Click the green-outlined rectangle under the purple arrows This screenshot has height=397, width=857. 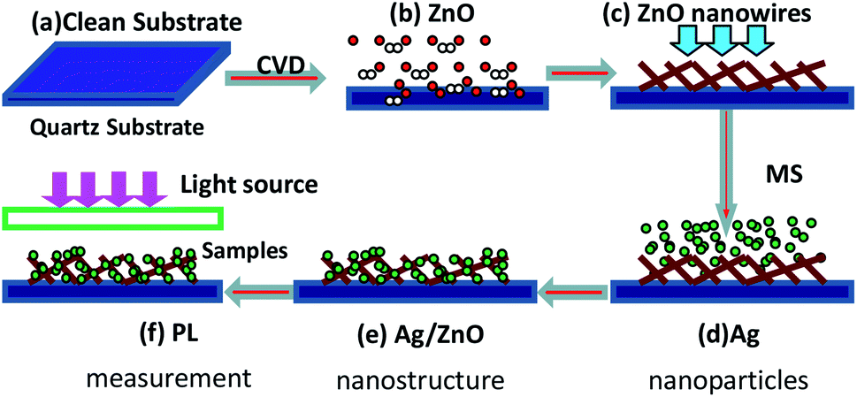[114, 217]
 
